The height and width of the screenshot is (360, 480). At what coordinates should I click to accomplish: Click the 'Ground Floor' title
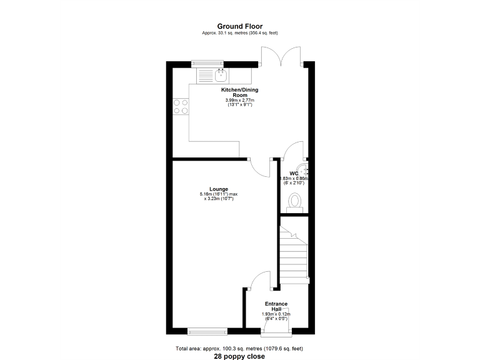pos(240,26)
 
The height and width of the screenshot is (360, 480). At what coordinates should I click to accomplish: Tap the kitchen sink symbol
pos(221,77)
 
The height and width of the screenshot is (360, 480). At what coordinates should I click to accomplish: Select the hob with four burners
pos(181,106)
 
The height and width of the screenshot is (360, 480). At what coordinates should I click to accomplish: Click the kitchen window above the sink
pos(207,62)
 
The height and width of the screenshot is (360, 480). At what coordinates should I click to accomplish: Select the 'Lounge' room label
pos(219,189)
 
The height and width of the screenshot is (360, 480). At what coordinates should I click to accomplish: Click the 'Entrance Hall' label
pos(276,306)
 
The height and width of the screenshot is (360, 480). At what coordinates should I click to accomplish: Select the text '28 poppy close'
pos(240,356)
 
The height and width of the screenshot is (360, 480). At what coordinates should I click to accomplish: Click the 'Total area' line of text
pos(240,348)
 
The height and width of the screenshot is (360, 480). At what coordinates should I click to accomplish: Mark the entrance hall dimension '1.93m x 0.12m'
pos(276,314)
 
